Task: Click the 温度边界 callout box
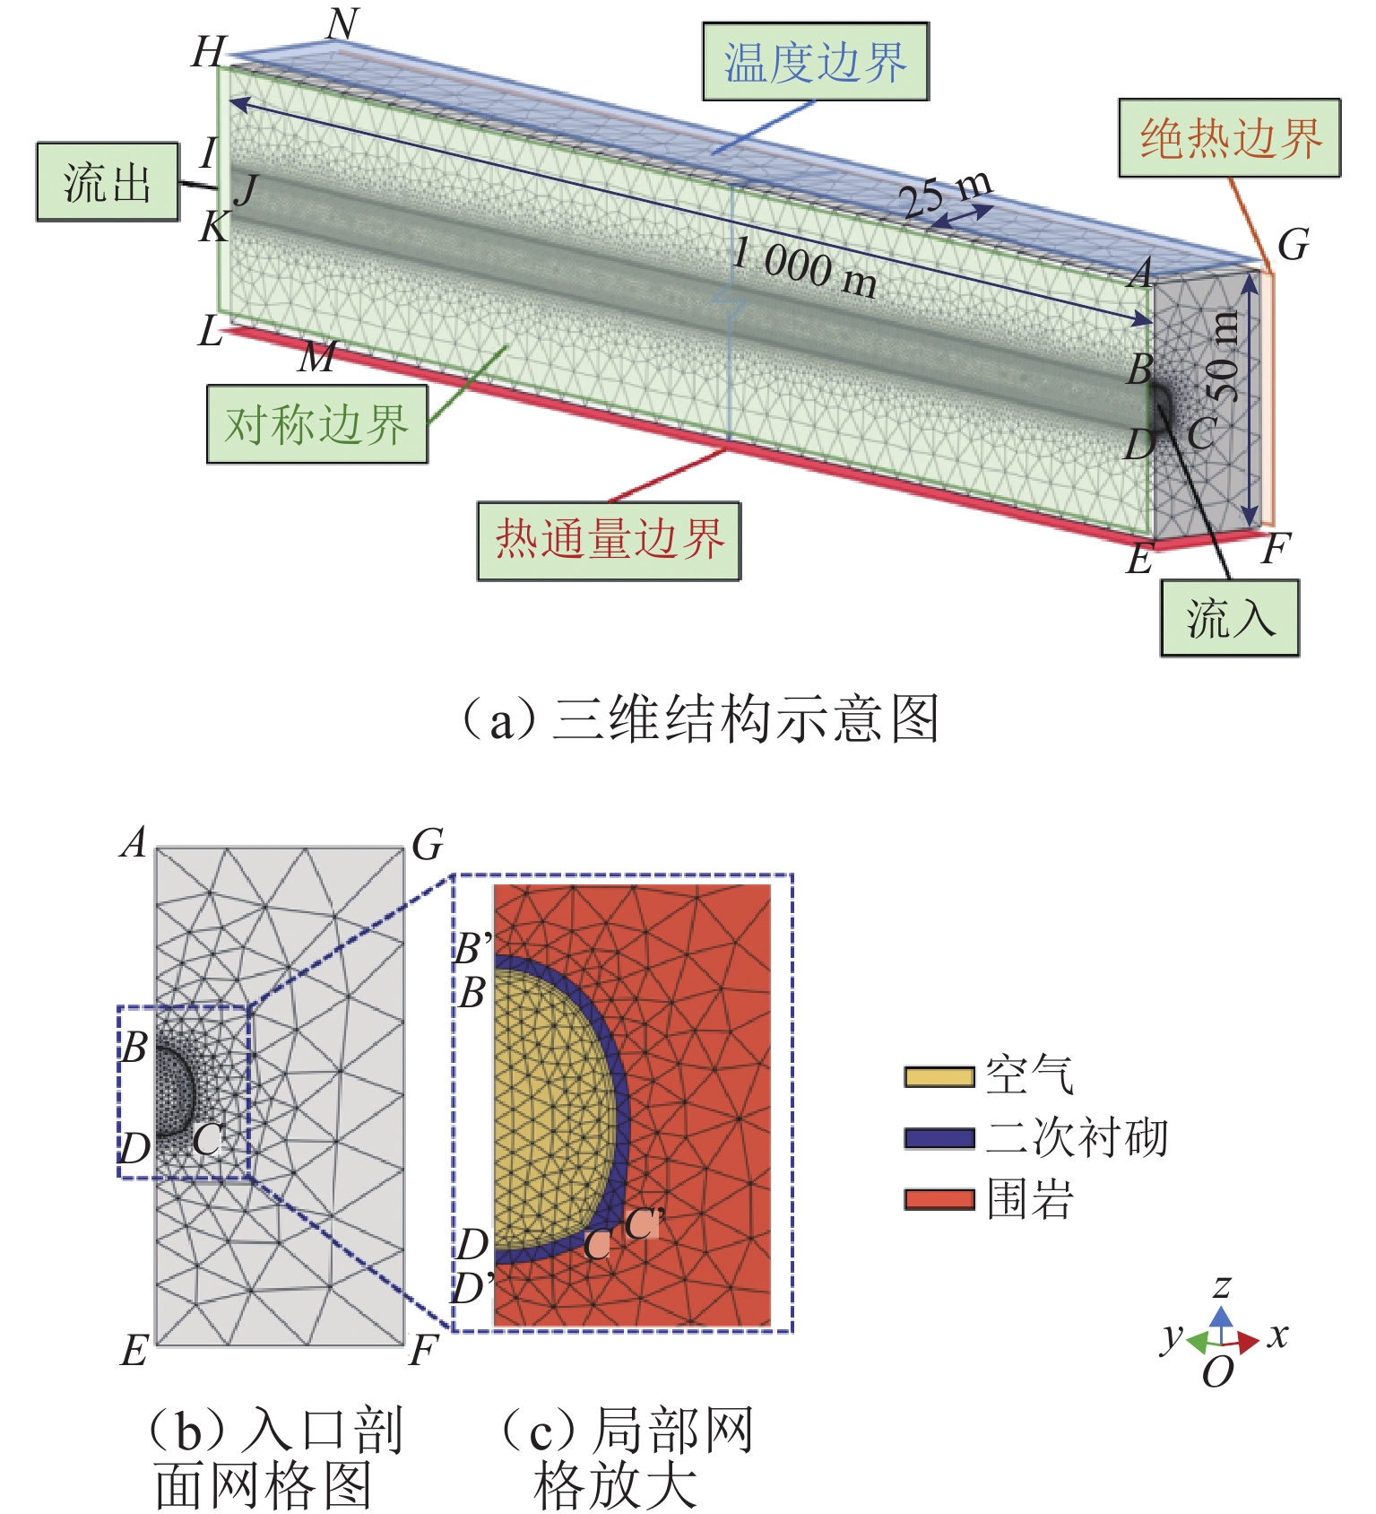click(815, 62)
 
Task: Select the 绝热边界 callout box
click(1229, 138)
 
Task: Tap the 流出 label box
click(108, 181)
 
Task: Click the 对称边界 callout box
click(316, 424)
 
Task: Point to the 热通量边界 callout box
click(609, 541)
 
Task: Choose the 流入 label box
click(1229, 618)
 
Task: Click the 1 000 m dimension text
click(804, 267)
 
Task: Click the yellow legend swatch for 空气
click(939, 1076)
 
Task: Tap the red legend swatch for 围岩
click(939, 1199)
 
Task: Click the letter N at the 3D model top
click(342, 24)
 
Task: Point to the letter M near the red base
click(317, 357)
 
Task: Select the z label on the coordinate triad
click(1221, 1287)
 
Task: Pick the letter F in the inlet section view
click(423, 1350)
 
